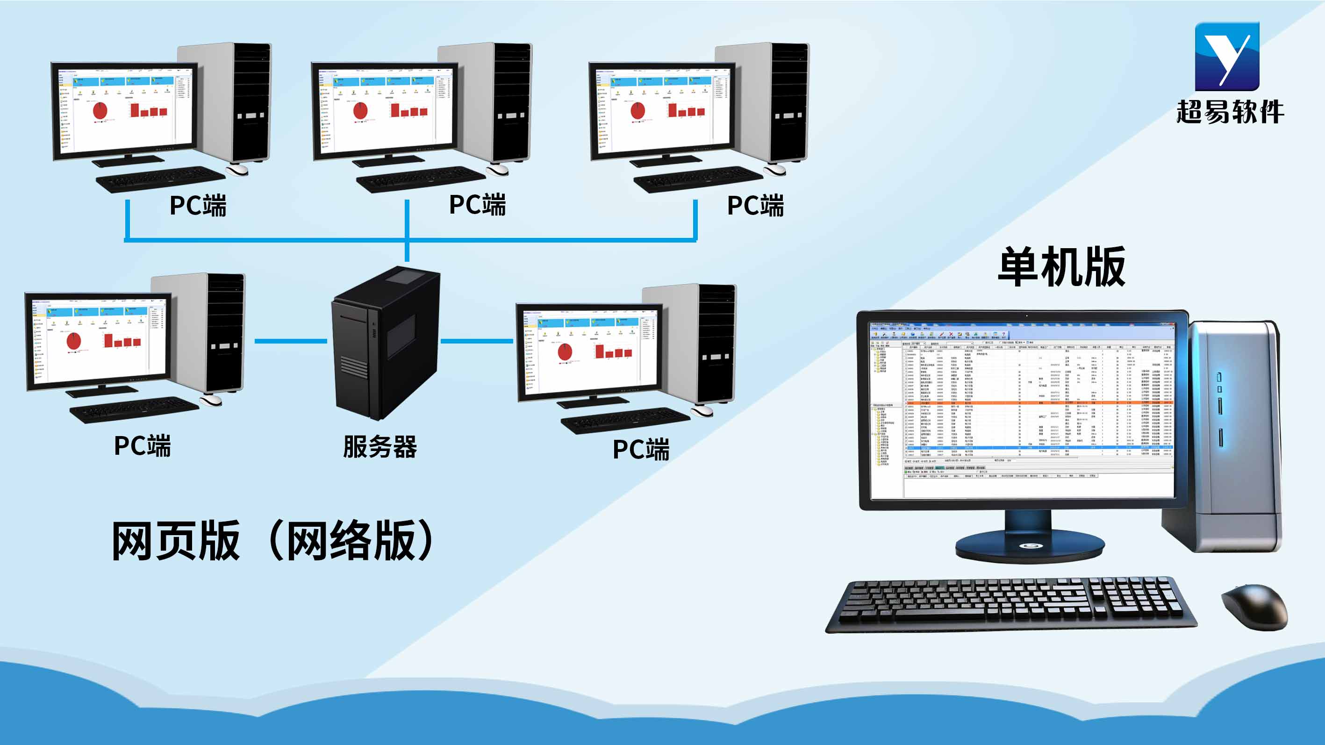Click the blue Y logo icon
coord(1227,56)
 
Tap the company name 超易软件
coord(1230,112)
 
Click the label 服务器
coord(380,447)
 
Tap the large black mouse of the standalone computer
coord(1255,606)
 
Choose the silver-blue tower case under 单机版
coord(1234,437)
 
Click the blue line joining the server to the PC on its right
coord(477,341)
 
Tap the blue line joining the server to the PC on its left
coord(291,341)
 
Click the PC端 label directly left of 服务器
coord(143,445)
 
